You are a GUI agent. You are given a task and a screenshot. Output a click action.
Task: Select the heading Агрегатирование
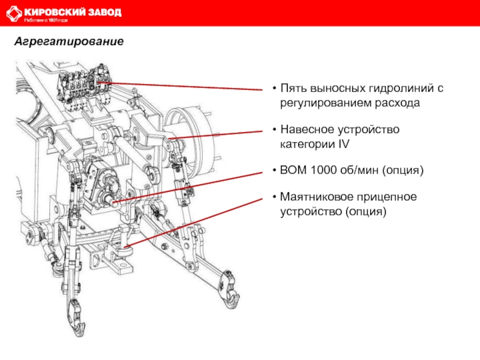[69, 43]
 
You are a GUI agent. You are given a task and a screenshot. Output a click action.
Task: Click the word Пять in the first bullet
[293, 89]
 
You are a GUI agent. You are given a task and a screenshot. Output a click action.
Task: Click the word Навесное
[306, 130]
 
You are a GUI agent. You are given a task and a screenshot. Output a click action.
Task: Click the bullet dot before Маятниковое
[274, 197]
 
